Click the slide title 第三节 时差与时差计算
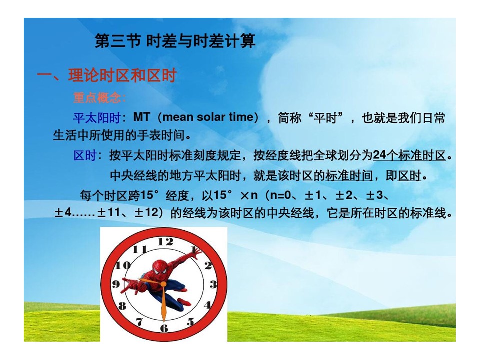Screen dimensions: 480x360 point(175,41)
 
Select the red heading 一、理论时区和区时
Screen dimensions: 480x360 point(107,75)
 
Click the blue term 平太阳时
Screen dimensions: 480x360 point(97,118)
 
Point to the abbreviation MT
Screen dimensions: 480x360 point(141,117)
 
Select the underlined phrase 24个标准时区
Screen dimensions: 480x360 point(409,156)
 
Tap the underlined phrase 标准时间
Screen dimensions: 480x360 point(349,176)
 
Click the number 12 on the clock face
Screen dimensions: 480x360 point(165,242)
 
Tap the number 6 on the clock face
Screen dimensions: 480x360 point(164,328)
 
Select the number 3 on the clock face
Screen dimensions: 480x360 point(213,284)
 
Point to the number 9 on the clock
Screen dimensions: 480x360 point(116,284)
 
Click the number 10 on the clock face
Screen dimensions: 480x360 point(123,265)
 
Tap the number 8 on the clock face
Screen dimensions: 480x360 point(122,305)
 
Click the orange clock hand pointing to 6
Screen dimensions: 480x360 point(164,303)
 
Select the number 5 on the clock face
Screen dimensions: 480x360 point(190,321)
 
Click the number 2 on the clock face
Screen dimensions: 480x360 point(208,265)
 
